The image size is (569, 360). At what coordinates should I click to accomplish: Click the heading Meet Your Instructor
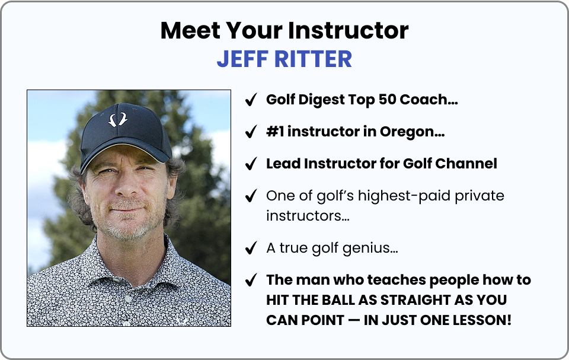284,30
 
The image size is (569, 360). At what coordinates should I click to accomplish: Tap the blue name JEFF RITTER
284,59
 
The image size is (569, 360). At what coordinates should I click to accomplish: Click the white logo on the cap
117,119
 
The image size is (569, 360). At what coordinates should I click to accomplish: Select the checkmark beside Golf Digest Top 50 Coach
251,100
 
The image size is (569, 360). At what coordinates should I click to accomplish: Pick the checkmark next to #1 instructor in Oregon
251,132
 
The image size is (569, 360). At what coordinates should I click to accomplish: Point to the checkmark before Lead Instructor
251,164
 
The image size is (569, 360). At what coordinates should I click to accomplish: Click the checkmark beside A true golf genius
251,248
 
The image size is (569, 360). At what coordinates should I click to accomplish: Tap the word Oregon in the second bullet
413,132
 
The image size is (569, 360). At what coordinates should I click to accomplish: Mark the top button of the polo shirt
128,298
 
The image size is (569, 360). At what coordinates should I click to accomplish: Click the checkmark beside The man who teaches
251,280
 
